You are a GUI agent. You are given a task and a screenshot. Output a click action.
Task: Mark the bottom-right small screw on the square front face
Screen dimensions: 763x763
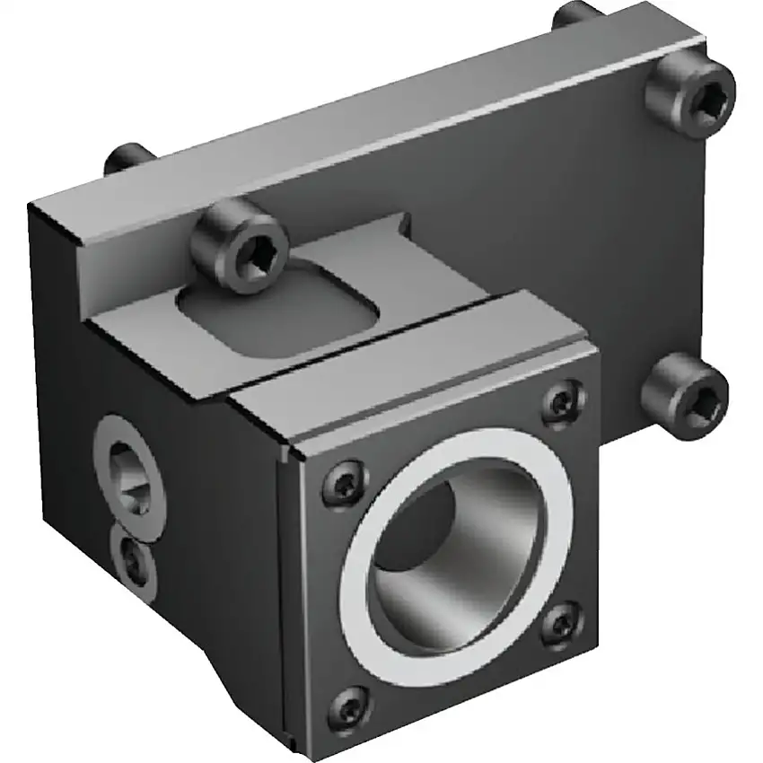pyautogui.click(x=563, y=621)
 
